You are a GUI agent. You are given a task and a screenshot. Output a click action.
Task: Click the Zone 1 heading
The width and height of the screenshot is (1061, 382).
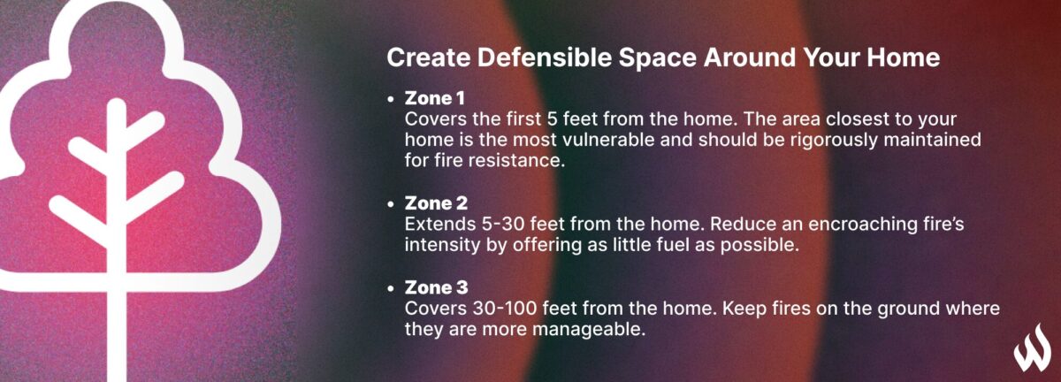point(434,98)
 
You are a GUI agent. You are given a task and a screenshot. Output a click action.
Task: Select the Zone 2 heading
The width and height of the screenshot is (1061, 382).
point(436,203)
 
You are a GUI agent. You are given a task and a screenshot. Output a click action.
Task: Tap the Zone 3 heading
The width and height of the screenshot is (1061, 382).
point(436,287)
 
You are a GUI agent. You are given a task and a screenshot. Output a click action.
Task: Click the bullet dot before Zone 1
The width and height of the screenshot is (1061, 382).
point(391,100)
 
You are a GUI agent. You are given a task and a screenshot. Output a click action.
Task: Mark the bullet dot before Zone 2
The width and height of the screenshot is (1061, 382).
point(391,204)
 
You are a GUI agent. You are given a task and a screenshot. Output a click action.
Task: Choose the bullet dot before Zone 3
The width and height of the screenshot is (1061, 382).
point(391,288)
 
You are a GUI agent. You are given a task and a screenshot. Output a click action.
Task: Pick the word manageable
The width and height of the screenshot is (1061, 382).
point(589,330)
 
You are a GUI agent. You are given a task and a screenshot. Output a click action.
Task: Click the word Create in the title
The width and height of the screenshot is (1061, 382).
point(428,57)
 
